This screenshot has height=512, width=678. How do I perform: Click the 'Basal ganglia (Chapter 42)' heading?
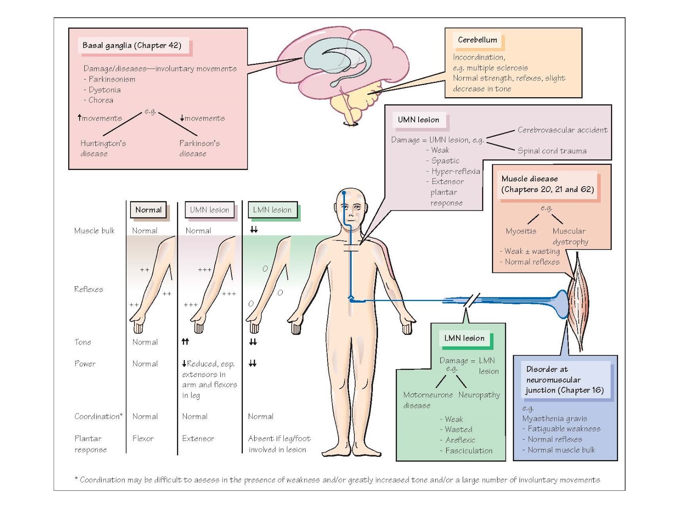(132, 45)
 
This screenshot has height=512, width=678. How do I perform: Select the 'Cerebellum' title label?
(477, 40)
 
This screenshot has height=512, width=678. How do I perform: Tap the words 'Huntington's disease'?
(103, 148)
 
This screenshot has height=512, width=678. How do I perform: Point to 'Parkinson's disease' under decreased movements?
(199, 148)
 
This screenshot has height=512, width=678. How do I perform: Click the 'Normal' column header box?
(148, 210)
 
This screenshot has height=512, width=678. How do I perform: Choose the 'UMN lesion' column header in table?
(209, 210)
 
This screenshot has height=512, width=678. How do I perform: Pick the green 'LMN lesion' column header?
(272, 210)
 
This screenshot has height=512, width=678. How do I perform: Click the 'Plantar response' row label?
(90, 444)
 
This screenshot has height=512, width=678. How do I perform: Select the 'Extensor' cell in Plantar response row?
(198, 439)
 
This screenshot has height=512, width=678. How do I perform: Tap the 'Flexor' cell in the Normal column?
(143, 439)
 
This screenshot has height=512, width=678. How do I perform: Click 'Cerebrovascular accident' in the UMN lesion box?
(562, 130)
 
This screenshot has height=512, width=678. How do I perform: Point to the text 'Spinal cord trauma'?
(552, 151)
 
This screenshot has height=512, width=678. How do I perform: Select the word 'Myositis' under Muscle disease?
(521, 231)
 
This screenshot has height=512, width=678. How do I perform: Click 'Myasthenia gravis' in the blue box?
(554, 418)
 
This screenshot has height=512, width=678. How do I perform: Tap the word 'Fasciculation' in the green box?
(469, 451)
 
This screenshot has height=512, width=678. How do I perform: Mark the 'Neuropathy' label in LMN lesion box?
(479, 395)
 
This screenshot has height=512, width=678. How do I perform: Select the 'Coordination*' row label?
(98, 416)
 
